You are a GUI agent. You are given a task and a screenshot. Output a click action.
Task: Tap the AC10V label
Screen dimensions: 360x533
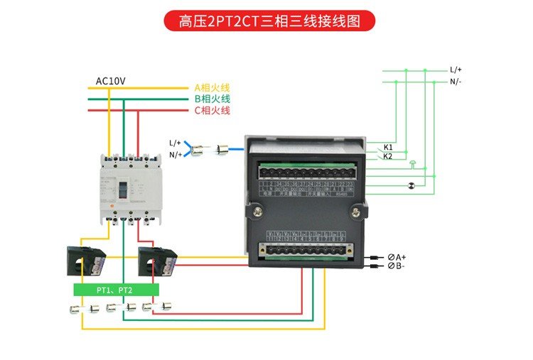click(110, 81)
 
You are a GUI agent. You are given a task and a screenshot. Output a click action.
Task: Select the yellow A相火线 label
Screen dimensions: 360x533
click(212, 88)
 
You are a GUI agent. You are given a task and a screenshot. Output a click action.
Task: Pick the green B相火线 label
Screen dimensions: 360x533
click(212, 99)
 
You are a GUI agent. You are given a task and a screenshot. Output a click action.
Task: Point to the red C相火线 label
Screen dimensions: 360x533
click(212, 111)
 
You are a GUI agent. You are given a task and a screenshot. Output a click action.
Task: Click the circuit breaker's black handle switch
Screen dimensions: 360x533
click(122, 190)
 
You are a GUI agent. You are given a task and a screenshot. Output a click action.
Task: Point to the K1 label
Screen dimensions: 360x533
click(388, 147)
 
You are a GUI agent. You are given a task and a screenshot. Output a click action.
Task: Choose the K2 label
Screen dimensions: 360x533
click(388, 156)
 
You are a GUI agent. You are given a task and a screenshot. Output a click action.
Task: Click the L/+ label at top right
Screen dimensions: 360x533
click(456, 70)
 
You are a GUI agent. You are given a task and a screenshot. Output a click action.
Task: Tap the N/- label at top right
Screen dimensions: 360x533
click(456, 81)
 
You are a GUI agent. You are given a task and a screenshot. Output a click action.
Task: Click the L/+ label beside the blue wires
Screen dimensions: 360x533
click(175, 143)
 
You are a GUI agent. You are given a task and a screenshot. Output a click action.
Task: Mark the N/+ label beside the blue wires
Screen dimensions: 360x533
click(175, 154)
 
